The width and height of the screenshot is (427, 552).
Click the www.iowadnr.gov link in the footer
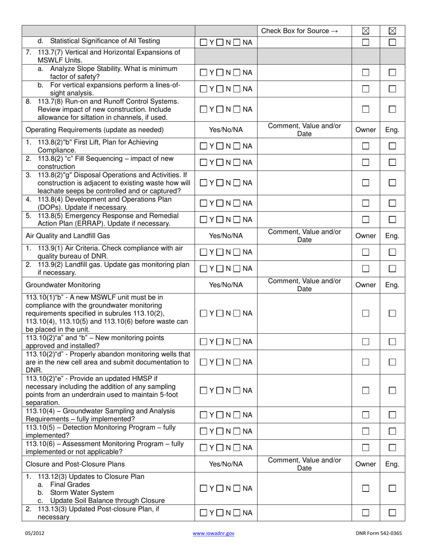point(213,534)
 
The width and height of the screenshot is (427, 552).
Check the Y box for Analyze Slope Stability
point(204,73)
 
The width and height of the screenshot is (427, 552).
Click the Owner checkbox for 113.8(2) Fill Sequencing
point(365,162)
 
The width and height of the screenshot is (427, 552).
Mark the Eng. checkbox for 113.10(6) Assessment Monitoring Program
point(392,447)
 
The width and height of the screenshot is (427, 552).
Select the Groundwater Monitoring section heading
point(63,285)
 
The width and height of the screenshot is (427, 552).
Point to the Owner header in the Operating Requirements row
point(365,130)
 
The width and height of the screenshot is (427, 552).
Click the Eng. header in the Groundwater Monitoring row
point(392,285)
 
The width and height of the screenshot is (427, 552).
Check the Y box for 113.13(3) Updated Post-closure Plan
point(204,513)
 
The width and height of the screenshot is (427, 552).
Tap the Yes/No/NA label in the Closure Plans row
point(226,464)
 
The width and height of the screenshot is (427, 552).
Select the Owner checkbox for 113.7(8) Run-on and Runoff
point(365,109)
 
